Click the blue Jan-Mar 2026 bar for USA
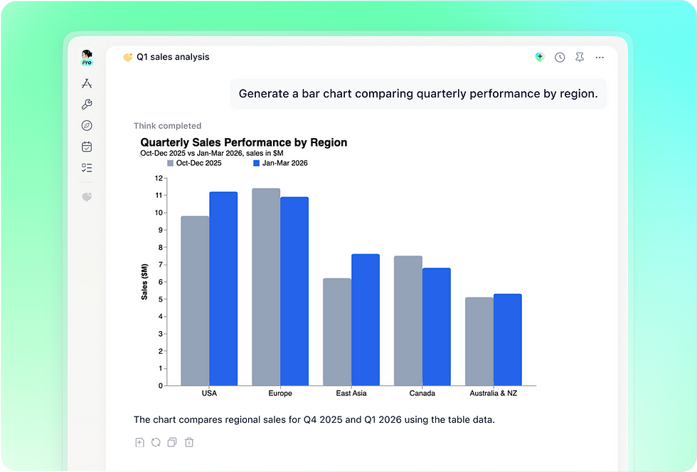click(223, 289)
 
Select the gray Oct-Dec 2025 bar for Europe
click(266, 287)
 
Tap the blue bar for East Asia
click(366, 320)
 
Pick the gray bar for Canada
click(408, 321)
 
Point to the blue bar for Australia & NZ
click(508, 340)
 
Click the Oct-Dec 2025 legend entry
click(194, 163)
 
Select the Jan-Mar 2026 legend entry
click(280, 163)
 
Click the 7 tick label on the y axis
click(161, 265)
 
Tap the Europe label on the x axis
click(280, 393)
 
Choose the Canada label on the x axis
click(422, 393)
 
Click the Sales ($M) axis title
click(144, 282)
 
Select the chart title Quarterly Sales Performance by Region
click(243, 142)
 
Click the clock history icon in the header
click(560, 58)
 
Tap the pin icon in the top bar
click(580, 57)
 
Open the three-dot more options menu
click(600, 58)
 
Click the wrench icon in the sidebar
click(87, 104)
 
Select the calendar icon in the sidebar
click(87, 147)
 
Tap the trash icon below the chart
click(189, 442)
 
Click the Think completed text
click(168, 126)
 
